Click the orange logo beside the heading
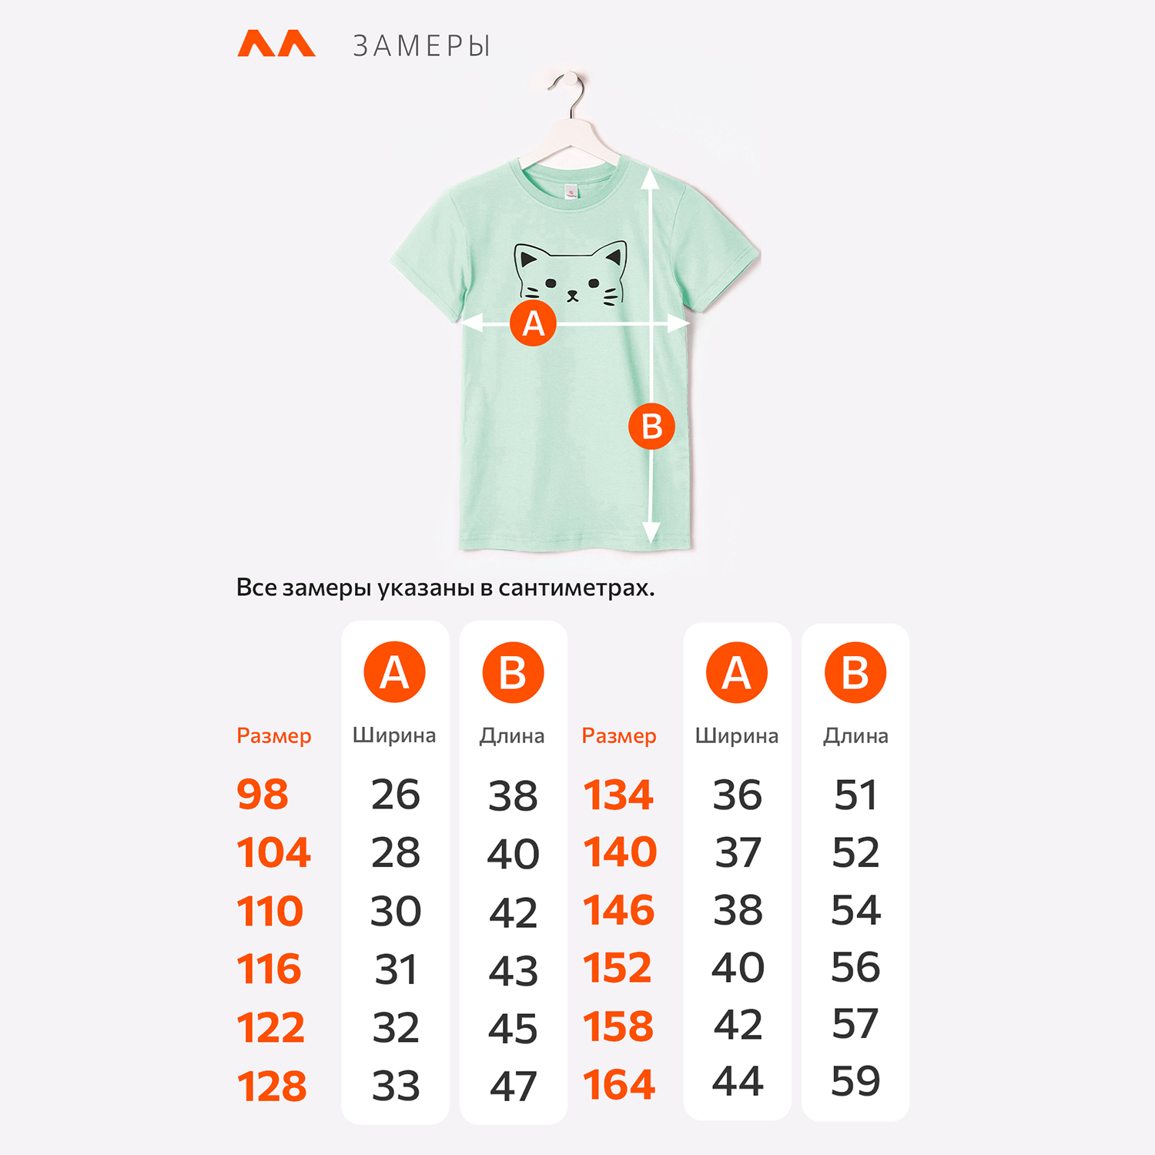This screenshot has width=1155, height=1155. point(276,44)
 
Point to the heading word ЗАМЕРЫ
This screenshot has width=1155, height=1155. point(421,47)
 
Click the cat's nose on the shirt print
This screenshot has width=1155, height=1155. point(572,294)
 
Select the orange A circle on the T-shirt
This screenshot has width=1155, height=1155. point(533,323)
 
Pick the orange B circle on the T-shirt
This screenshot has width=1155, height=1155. point(651,426)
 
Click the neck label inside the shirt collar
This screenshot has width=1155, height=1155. point(571,191)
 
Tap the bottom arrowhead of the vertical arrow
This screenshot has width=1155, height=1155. point(651,532)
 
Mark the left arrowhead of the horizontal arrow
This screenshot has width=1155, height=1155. point(472,323)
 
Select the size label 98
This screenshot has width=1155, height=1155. point(263,795)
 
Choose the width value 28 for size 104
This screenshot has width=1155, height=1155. point(396,852)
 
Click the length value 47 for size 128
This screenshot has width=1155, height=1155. point(514,1086)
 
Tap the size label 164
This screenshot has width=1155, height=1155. point(619,1085)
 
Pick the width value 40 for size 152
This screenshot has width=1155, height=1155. point(738,967)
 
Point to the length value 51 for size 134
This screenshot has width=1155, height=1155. point(855,795)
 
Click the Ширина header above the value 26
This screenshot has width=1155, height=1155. point(394,736)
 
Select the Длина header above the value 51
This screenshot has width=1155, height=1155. point(855,736)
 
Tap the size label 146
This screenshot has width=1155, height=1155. point(619,910)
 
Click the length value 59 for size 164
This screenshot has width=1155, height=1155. point(855,1080)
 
